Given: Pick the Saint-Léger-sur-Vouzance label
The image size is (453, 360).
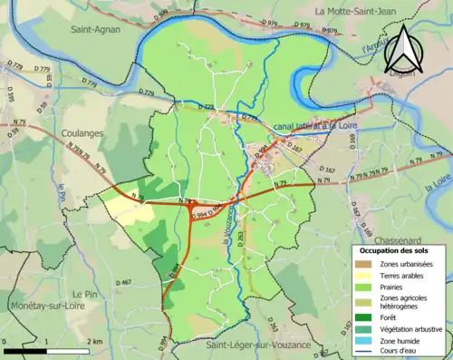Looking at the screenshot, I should pyautogui.click(x=257, y=345).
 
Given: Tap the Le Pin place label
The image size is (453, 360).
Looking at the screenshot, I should pyautogui.click(x=85, y=296).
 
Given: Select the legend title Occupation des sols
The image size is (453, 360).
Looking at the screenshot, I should pyautogui.click(x=395, y=249).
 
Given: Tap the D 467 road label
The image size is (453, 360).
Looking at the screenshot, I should pyautogui.click(x=123, y=283).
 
